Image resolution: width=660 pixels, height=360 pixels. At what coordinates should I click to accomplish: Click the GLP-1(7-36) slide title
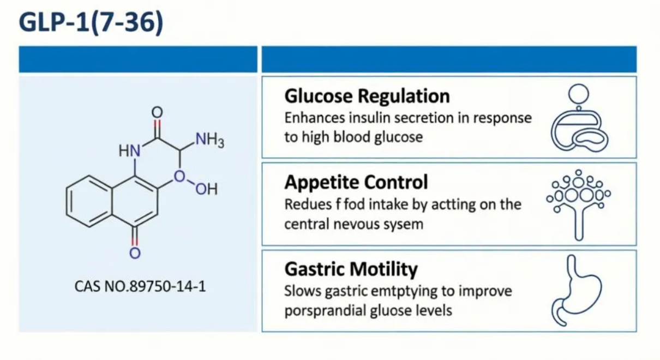91,22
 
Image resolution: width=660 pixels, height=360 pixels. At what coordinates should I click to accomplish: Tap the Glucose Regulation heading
367,97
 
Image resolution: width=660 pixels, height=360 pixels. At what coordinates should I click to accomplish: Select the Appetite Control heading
356,182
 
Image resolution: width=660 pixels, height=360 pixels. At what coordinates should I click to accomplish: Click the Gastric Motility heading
351,269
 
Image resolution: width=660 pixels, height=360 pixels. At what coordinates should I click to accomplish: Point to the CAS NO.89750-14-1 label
140,286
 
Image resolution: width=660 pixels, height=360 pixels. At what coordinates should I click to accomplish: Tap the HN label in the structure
129,151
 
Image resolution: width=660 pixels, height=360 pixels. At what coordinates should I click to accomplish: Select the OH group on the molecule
207,189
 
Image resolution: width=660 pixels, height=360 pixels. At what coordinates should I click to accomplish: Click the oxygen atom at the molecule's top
157,112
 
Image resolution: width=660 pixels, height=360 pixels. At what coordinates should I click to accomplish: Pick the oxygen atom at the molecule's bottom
135,253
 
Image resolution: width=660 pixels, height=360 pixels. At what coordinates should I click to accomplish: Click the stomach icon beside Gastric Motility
577,291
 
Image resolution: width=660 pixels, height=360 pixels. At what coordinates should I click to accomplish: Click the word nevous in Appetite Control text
354,225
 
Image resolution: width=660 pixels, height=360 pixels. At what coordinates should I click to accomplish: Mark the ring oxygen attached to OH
179,176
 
